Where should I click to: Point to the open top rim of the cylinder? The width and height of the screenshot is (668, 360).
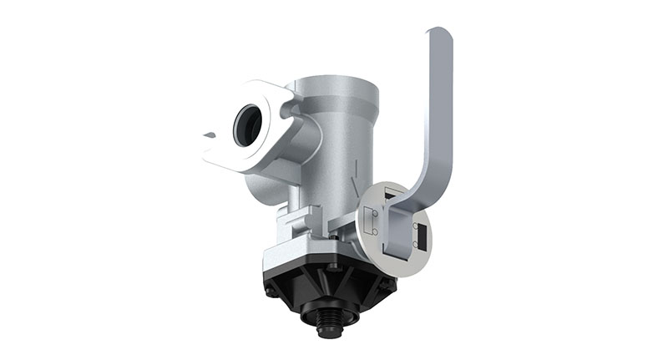[338, 81]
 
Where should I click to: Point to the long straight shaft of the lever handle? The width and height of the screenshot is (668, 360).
[439, 109]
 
